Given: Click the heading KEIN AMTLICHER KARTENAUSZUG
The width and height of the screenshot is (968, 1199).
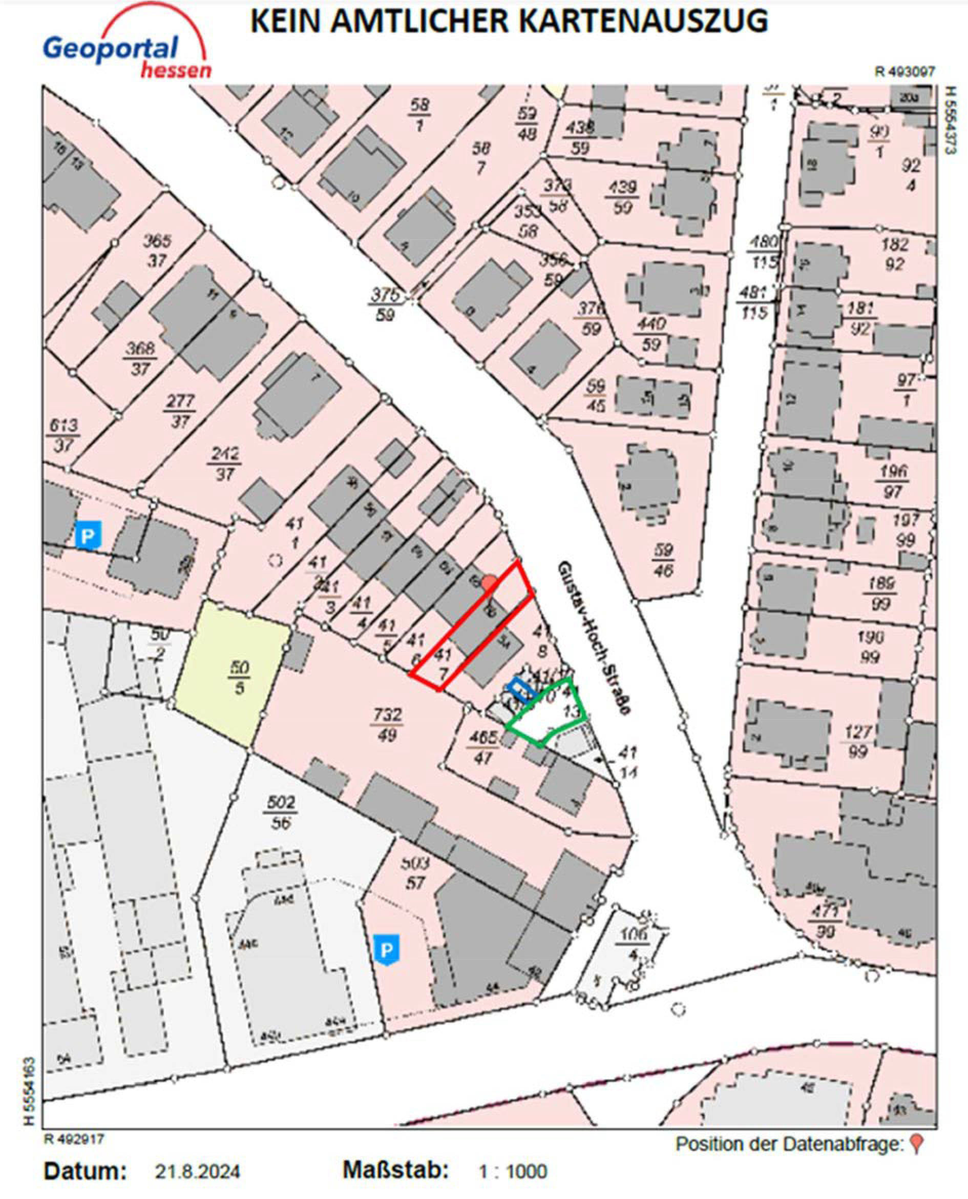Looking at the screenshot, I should (x=509, y=21).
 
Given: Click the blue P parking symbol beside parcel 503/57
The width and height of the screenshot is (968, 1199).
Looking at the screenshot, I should (x=386, y=948).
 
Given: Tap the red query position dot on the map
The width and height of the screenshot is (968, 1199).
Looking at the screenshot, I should (x=489, y=583).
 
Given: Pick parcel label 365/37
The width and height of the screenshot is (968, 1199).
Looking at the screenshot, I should (x=157, y=251).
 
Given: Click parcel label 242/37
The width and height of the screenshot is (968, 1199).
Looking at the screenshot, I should (x=224, y=463).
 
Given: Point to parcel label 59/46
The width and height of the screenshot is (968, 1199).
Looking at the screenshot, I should (x=662, y=560).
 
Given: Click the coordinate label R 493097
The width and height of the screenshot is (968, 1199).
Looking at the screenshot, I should (x=905, y=71).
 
